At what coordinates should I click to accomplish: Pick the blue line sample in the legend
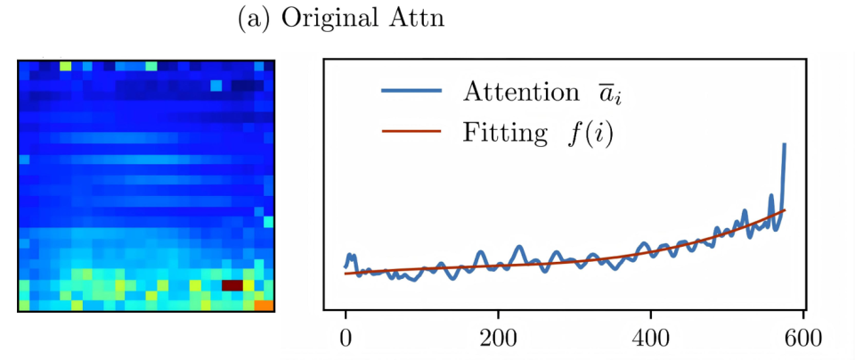click(411, 91)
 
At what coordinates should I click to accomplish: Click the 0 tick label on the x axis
click(346, 339)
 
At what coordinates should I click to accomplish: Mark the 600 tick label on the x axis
click(803, 339)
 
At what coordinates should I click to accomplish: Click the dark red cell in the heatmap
click(232, 285)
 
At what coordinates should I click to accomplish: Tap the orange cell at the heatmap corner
click(264, 305)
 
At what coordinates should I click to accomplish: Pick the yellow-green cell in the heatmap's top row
click(66, 65)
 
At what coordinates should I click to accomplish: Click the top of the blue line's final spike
click(785, 143)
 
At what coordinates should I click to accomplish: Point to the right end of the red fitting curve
click(784, 210)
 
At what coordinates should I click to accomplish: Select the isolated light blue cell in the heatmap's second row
click(216, 86)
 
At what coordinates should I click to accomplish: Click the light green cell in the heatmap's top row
click(151, 65)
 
